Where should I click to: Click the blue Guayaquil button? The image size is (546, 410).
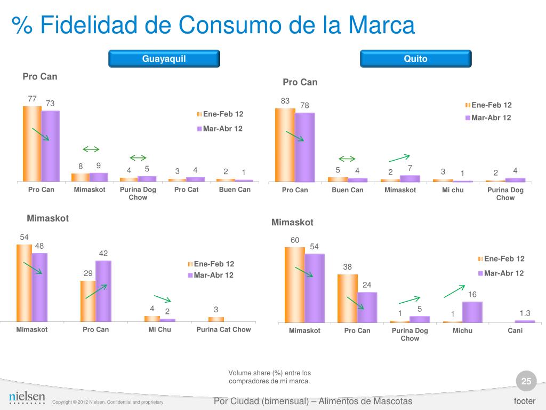[164, 59]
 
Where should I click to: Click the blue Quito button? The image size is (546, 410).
[415, 59]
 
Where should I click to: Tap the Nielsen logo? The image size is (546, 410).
[27, 397]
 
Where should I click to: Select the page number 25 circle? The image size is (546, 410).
[526, 381]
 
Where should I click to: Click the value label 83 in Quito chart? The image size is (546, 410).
[285, 101]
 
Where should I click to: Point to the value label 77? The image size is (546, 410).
[32, 98]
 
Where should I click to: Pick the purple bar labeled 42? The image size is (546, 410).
[103, 291]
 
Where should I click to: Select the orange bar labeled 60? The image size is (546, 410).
[295, 285]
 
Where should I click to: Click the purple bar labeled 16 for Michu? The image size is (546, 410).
[472, 312]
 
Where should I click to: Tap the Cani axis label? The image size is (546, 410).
[515, 330]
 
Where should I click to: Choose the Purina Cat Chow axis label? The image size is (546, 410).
[223, 329]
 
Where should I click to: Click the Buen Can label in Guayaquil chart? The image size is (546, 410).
[235, 190]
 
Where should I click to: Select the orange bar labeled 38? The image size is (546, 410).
[347, 298]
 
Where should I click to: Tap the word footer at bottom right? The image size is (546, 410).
[524, 401]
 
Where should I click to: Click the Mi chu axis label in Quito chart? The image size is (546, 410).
[453, 190]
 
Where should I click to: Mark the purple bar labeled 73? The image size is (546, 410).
[51, 146]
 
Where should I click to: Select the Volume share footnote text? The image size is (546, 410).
[269, 377]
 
